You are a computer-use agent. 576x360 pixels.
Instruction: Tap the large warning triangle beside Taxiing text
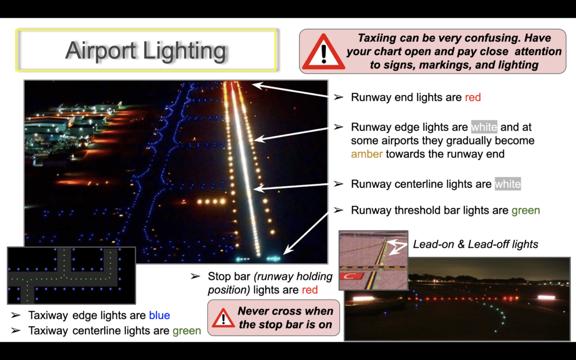(x=323, y=52)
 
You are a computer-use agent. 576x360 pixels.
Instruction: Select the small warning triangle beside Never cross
(x=223, y=318)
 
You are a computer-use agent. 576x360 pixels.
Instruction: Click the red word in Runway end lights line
(x=472, y=97)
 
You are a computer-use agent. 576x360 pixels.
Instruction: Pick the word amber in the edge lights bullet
(x=367, y=154)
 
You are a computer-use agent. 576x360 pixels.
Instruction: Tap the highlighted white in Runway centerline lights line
(x=508, y=184)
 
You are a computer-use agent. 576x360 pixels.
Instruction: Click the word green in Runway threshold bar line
(x=526, y=211)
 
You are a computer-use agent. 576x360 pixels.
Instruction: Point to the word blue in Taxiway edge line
(x=159, y=315)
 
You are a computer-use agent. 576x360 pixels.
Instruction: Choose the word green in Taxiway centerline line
(x=187, y=331)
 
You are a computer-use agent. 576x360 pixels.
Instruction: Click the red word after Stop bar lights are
(x=310, y=290)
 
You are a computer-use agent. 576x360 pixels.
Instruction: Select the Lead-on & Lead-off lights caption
(x=475, y=244)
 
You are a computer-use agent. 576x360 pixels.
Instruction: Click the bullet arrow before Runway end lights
(x=338, y=97)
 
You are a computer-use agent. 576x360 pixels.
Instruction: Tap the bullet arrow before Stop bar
(x=195, y=276)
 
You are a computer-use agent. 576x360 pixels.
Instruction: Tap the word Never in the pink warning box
(x=254, y=311)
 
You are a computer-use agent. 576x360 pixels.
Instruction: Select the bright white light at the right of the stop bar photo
(x=546, y=297)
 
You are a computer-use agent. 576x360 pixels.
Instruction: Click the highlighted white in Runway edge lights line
(x=484, y=127)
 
